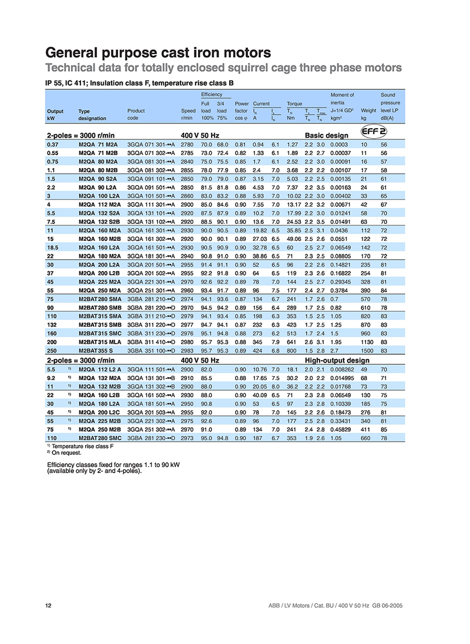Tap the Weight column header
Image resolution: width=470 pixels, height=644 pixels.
click(x=368, y=110)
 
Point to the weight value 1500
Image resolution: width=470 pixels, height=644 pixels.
click(x=367, y=350)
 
